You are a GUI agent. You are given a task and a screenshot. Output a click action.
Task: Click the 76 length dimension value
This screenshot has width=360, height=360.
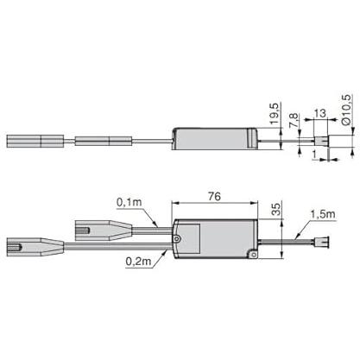214,197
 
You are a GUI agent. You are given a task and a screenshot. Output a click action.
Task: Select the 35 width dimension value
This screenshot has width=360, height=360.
276,209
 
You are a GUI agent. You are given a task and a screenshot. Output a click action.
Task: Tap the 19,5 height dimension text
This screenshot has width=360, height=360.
275,114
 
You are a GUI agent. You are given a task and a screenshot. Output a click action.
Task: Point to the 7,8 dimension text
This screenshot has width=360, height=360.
294,120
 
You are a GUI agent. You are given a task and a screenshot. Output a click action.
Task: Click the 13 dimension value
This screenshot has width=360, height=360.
320,113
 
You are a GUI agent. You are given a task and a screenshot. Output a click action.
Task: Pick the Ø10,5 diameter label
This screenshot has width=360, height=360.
346,110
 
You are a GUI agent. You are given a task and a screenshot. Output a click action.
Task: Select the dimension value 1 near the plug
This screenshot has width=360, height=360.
314,155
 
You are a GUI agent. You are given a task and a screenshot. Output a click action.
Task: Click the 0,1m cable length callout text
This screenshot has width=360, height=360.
129,202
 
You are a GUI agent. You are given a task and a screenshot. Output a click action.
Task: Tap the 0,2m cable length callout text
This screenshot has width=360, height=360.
138,262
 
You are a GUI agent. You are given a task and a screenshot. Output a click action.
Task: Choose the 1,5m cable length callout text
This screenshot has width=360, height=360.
323,214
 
